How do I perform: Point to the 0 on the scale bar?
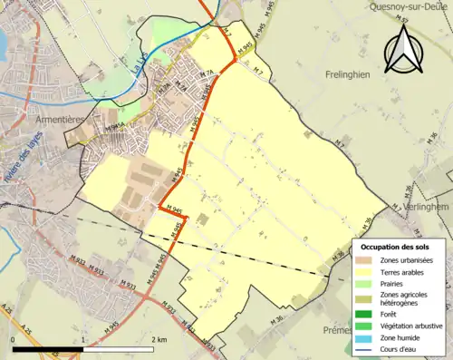[13, 339]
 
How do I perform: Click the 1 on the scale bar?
[83, 339]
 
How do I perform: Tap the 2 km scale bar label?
[159, 339]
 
